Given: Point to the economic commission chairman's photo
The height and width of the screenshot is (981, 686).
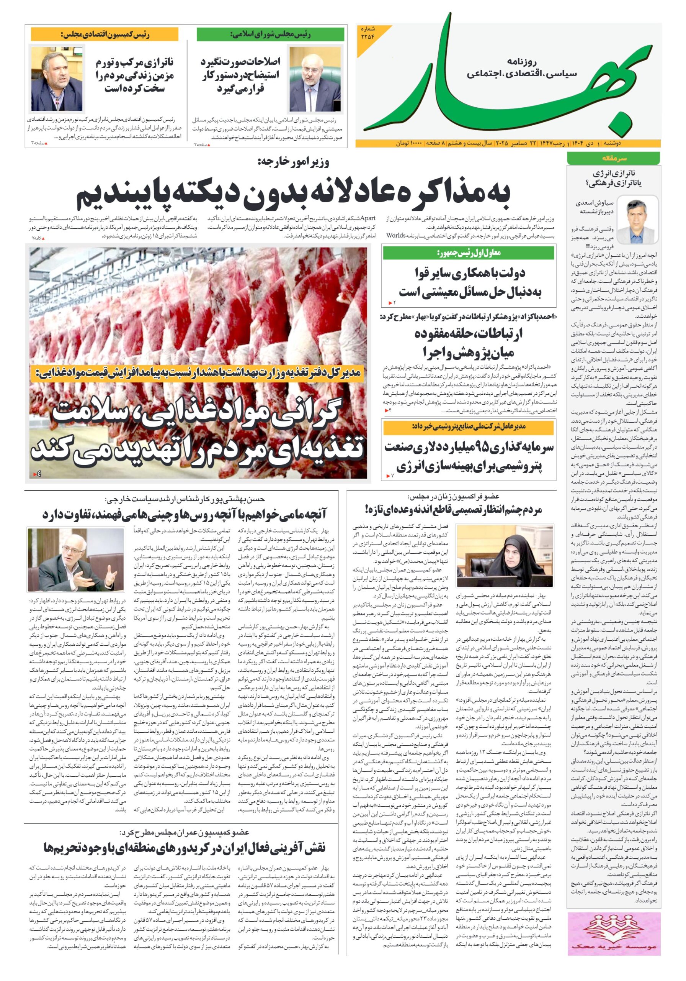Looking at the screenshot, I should coord(56,79).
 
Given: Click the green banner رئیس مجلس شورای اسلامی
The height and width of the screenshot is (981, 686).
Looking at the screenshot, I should coord(270,34).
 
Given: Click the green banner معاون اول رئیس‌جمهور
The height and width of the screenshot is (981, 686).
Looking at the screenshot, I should coord(468,253).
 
